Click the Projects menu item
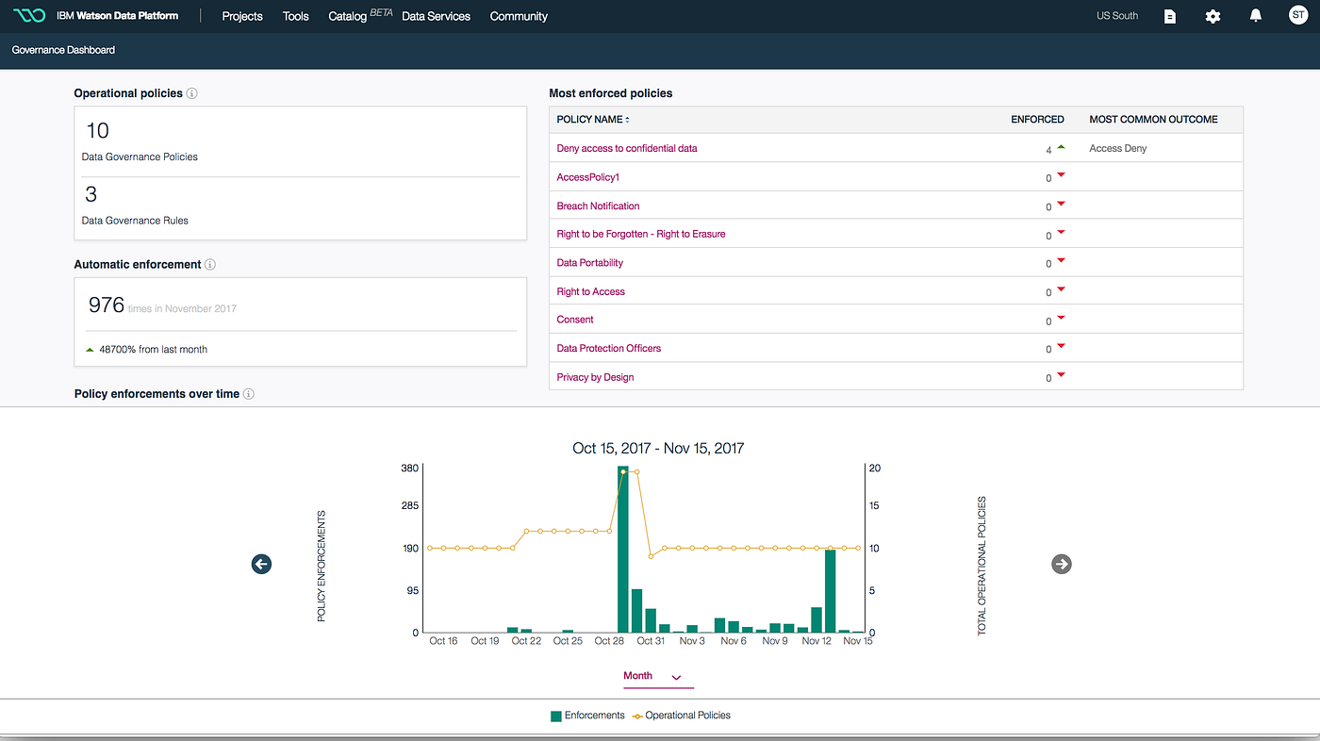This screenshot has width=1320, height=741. pos(242,16)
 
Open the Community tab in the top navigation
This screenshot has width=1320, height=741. pos(519,16)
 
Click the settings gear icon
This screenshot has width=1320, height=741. pos(1213,16)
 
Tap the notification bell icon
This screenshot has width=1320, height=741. pos(1255,16)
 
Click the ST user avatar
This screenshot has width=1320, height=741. pos(1298,16)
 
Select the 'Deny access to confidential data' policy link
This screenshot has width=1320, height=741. pos(627,148)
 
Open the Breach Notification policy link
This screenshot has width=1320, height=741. pos(598,206)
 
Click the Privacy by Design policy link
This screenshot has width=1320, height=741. pos(595,377)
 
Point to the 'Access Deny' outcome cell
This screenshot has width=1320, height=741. pos(1117,148)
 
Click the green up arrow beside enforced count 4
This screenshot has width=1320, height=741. pos(1061,147)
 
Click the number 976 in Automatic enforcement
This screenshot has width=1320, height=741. pos(107,305)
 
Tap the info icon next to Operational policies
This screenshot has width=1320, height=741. pos(191,93)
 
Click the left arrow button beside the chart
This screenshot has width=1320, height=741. pos(261,564)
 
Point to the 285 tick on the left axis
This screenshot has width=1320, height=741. pos(409,506)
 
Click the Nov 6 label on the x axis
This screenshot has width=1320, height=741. pos(734,641)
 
